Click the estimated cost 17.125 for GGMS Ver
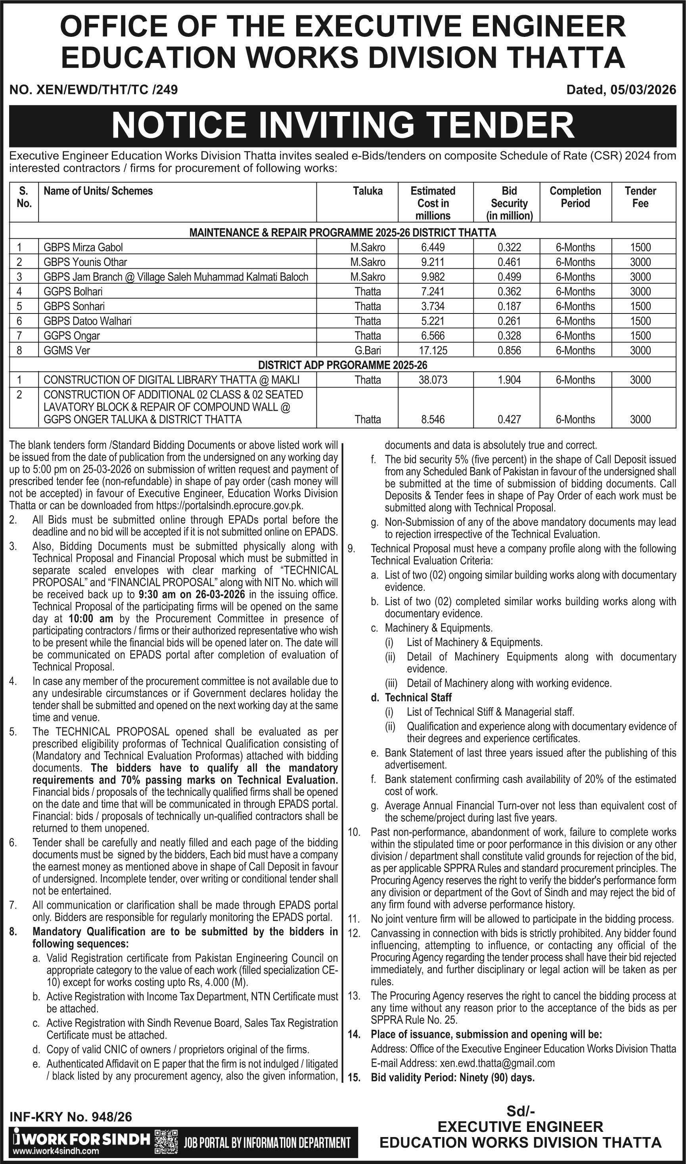pos(433,351)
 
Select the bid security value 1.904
pos(509,380)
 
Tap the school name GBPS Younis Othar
pos(85,262)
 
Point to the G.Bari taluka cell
pos(368,351)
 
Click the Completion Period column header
pos(575,197)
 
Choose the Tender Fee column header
pos(640,197)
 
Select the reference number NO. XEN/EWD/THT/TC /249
pos(93,90)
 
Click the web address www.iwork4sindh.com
pos(56,1151)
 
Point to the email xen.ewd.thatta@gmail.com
pos(497,1063)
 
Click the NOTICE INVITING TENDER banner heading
pos(343,126)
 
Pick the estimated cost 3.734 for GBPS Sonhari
pos(433,307)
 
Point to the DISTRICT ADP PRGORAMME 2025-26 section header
pos(343,365)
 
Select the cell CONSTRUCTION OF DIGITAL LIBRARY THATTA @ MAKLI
pos(171,380)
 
